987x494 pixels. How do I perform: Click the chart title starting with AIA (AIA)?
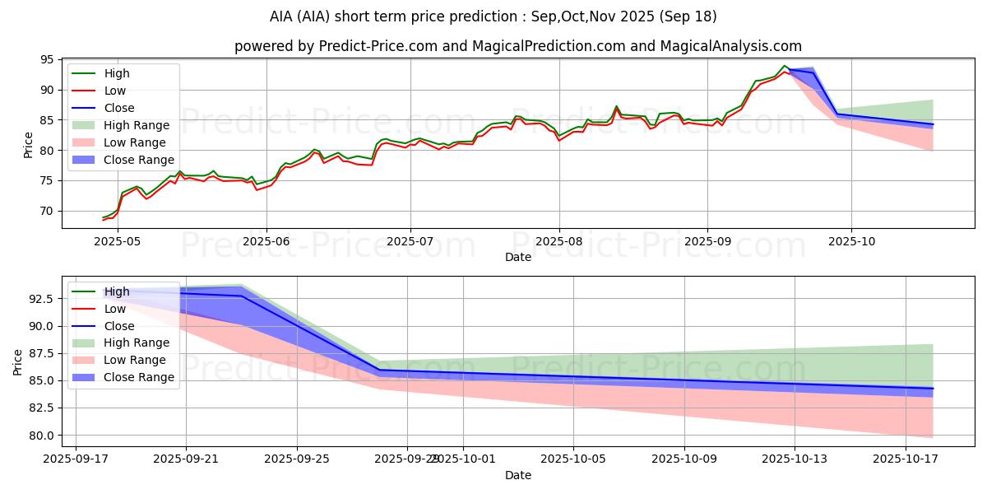[x=493, y=16]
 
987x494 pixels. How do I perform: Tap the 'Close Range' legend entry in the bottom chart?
[x=139, y=377]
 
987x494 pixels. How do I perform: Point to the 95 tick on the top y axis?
[x=46, y=60]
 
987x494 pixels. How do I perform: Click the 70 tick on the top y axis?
[x=46, y=211]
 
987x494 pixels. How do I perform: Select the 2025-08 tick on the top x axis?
[x=559, y=241]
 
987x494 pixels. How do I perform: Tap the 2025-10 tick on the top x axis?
[x=850, y=241]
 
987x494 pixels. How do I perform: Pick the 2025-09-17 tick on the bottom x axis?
[x=76, y=459]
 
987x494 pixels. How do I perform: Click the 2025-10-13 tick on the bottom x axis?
[x=795, y=459]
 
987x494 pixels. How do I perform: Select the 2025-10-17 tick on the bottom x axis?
[x=906, y=459]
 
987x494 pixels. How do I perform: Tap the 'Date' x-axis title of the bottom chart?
[x=517, y=475]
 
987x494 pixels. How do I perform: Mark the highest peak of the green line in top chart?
[x=784, y=66]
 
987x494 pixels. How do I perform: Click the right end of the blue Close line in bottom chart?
[x=933, y=388]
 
